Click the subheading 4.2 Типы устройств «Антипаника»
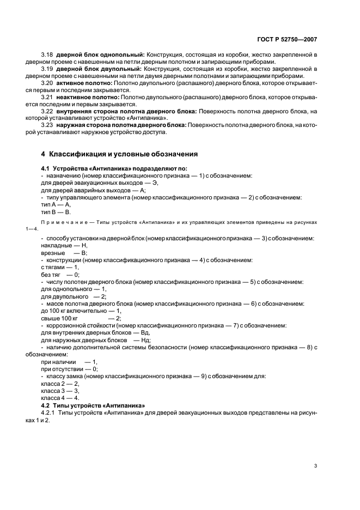coord(93,405)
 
